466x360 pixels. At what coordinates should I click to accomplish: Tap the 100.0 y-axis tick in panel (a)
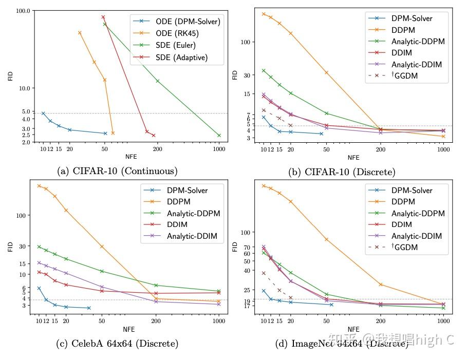[23, 11]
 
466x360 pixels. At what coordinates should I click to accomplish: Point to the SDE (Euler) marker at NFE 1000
[219, 136]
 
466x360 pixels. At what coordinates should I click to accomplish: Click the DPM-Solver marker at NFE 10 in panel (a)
[43, 113]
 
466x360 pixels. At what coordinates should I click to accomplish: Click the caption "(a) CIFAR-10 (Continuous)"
[117, 171]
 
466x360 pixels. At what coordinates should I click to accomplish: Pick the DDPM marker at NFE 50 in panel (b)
[326, 72]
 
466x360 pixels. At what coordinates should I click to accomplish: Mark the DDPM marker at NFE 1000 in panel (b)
[443, 136]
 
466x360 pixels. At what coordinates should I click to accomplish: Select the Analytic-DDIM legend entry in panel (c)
[192, 236]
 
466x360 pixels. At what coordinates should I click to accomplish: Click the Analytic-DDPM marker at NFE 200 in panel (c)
[156, 285]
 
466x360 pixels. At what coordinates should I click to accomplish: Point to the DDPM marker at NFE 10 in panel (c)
[39, 186]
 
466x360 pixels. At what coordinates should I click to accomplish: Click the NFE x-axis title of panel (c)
[129, 329]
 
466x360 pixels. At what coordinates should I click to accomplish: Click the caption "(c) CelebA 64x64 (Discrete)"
[117, 344]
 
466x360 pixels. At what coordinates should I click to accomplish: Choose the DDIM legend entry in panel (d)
[403, 224]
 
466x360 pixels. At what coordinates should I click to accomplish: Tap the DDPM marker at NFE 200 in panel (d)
[381, 285]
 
